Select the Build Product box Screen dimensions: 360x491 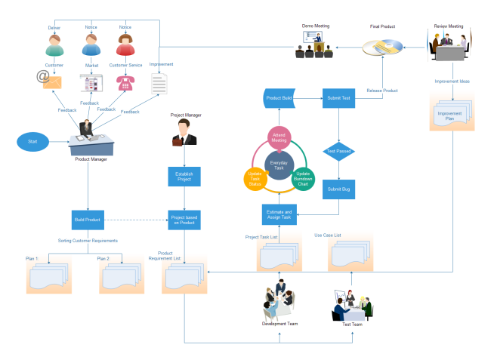pos(88,220)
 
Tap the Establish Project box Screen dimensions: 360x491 pos(184,177)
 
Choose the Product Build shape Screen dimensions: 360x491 pos(279,98)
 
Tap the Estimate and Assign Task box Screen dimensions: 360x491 pos(279,214)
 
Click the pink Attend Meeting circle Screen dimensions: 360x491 pos(279,138)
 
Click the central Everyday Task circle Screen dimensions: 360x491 pos(280,164)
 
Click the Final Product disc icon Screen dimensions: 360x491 pos(383,48)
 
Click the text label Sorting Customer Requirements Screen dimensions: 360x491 pos(88,241)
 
